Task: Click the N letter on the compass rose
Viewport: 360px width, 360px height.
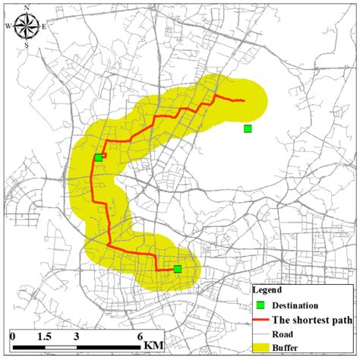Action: click(x=27, y=8)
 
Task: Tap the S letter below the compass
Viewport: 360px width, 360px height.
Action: click(x=27, y=45)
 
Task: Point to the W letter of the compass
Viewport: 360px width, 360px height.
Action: click(x=8, y=26)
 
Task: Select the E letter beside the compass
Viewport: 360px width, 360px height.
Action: click(x=46, y=26)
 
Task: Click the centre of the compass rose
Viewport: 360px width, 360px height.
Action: click(x=27, y=26)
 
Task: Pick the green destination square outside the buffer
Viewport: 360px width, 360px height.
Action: click(x=248, y=128)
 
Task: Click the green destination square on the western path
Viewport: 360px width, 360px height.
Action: click(x=99, y=157)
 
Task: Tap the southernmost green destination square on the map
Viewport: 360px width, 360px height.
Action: click(x=178, y=269)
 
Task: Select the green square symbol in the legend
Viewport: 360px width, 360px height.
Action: click(x=262, y=305)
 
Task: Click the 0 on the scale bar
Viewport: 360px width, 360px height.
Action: click(x=13, y=336)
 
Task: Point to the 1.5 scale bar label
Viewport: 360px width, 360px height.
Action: click(x=43, y=336)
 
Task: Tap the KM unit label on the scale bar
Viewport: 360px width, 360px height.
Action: click(x=155, y=346)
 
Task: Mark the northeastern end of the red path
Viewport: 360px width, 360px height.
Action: click(x=243, y=100)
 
